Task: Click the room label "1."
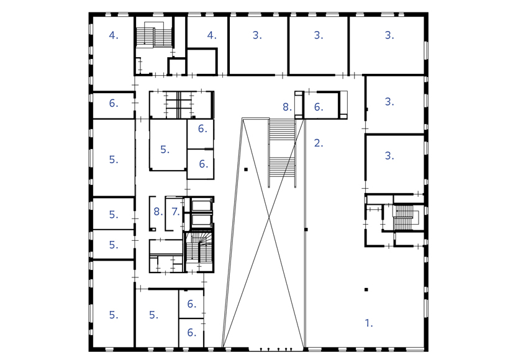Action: coord(368,323)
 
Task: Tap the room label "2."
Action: coord(319,143)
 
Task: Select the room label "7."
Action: coord(175,212)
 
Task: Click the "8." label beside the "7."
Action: coord(158,212)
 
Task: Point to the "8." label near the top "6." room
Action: coord(286,107)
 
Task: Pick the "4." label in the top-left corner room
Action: coord(113,35)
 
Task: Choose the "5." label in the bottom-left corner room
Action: coord(113,315)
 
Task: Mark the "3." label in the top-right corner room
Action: coord(389,35)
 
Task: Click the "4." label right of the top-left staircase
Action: coord(212,35)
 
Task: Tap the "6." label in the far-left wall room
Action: coord(113,103)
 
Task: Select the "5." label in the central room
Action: coord(165,150)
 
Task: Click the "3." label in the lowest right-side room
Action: coord(389,156)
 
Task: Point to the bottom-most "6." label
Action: coord(191,333)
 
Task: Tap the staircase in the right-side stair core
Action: coord(404,217)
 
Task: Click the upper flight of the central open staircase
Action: coord(282,130)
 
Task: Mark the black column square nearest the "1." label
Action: coord(366,289)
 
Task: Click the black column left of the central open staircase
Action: coord(246,169)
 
